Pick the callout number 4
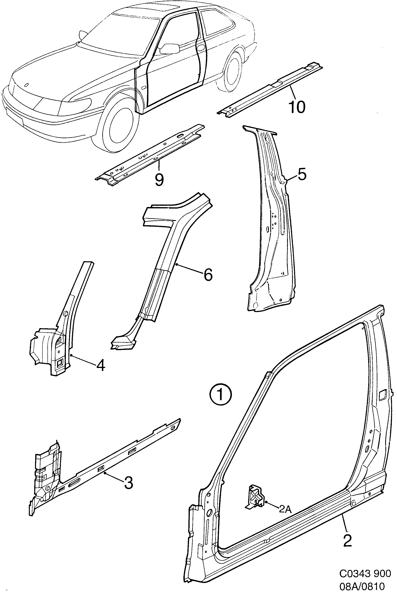pyautogui.click(x=101, y=366)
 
